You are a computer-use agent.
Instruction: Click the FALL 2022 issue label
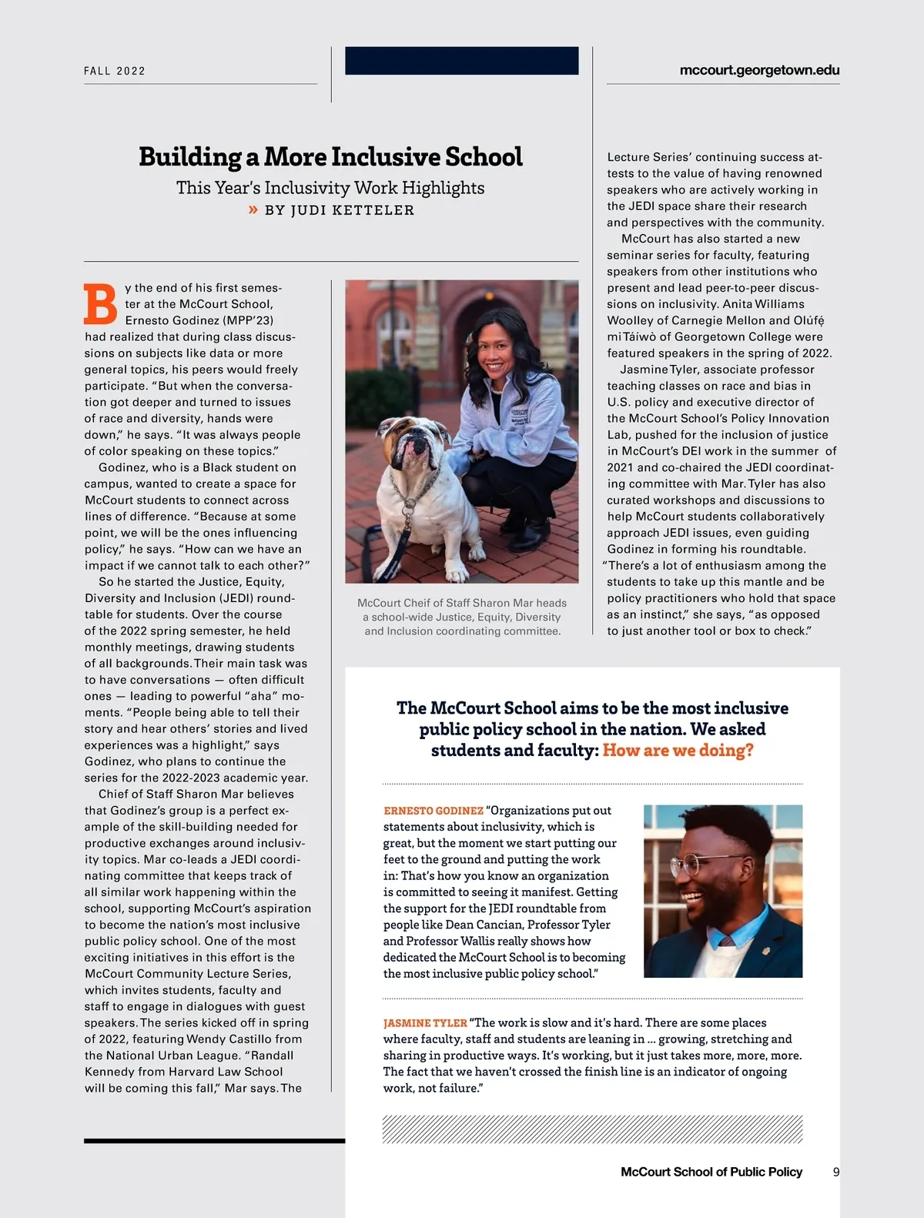click(x=115, y=71)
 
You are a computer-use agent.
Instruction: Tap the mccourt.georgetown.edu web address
click(x=759, y=70)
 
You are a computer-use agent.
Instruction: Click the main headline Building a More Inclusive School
click(x=330, y=157)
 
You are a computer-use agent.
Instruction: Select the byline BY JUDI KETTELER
click(x=339, y=210)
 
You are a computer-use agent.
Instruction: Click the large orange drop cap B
click(x=100, y=304)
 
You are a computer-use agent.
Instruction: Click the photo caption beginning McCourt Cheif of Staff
click(x=462, y=617)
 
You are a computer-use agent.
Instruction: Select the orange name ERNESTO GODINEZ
click(x=434, y=811)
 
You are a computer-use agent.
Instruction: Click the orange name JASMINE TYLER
click(x=425, y=1023)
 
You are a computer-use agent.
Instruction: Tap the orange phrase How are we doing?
click(x=678, y=751)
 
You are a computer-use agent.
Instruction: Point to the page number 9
click(x=836, y=1172)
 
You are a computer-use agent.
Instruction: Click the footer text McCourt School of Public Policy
click(x=711, y=1172)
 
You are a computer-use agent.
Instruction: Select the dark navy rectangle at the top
click(x=461, y=61)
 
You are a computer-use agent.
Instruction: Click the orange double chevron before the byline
click(x=253, y=209)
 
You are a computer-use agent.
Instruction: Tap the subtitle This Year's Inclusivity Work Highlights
click(x=330, y=188)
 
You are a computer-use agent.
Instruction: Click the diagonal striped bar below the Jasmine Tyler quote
click(x=592, y=1129)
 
